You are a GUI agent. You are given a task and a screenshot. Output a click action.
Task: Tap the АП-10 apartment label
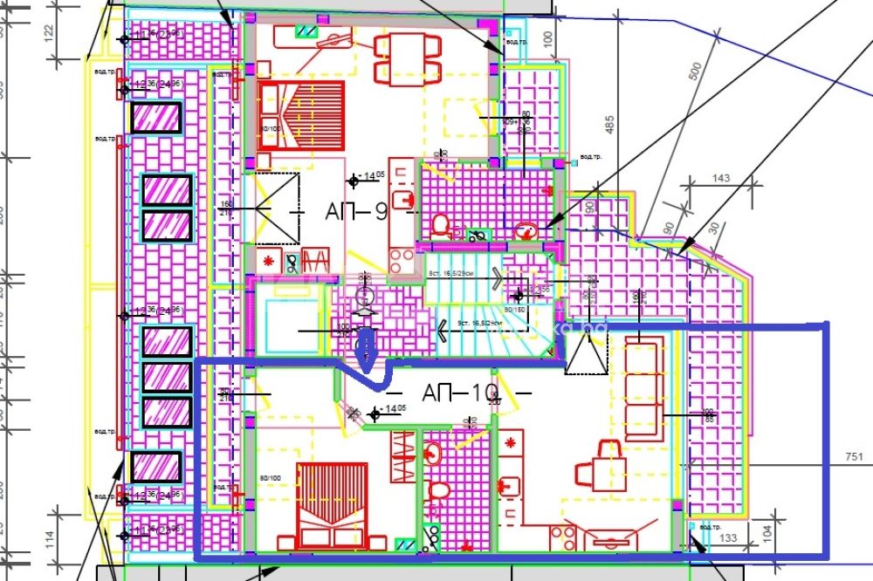tap(460, 393)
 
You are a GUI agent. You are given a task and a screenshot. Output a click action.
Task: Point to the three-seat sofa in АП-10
tap(643, 388)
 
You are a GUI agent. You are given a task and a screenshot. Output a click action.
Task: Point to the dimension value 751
tap(854, 456)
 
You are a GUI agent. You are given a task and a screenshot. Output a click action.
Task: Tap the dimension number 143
tap(721, 179)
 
